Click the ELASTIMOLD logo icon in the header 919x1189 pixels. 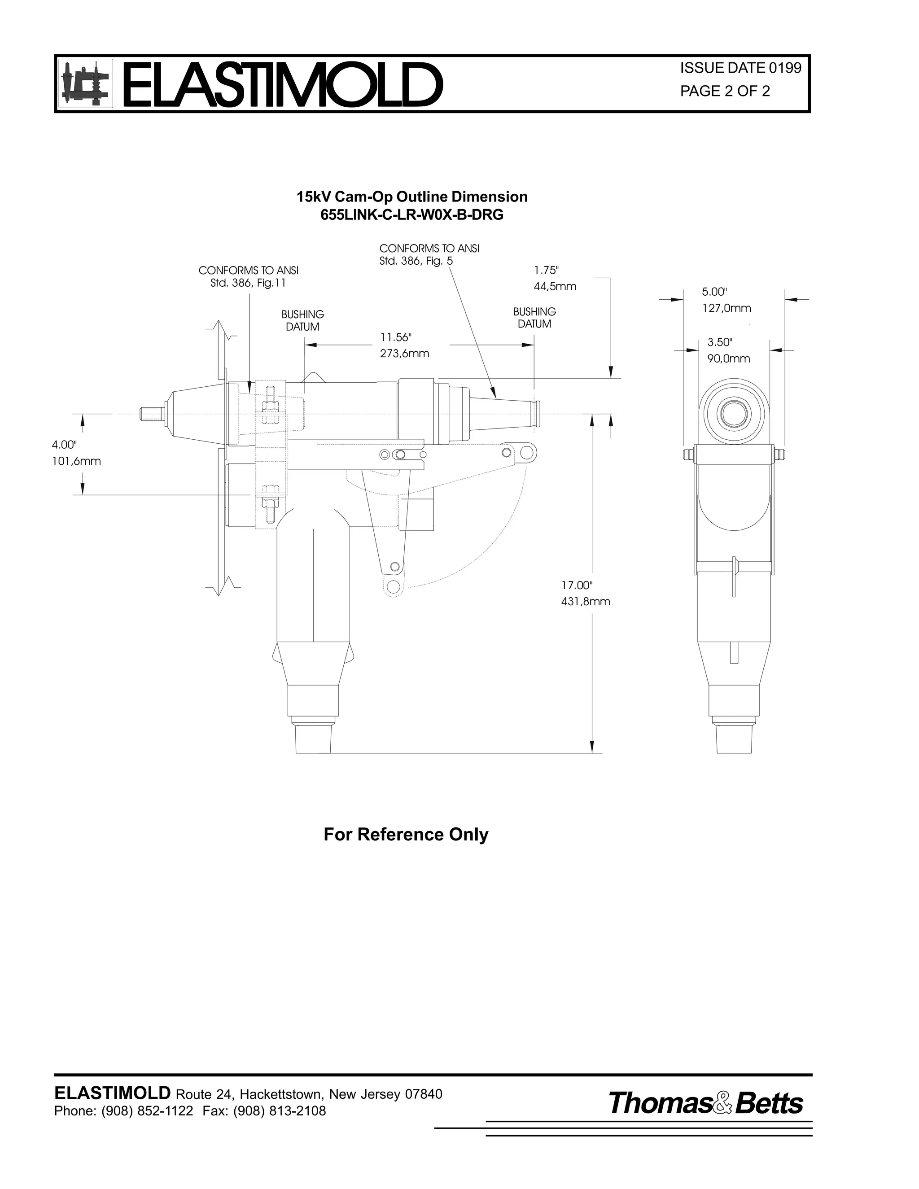coord(85,84)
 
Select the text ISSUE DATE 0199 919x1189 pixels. coord(740,68)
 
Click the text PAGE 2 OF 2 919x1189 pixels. coord(725,92)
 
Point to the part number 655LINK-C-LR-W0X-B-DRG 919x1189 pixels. coord(411,215)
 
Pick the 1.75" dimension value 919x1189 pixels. coord(546,270)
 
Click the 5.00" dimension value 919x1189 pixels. coord(714,292)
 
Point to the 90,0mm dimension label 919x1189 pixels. coord(728,358)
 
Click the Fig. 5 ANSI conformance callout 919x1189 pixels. coord(429,255)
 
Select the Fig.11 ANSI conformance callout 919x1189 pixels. coord(248,276)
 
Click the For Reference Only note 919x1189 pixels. coord(406,834)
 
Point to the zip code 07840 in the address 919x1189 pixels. coord(424,1094)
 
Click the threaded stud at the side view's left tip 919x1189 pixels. coord(151,414)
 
